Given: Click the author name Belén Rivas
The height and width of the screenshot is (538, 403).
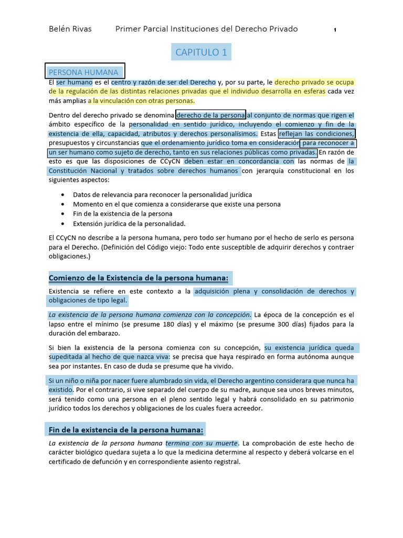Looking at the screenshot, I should (x=70, y=29).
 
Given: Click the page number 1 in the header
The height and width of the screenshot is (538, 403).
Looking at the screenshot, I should (x=335, y=30).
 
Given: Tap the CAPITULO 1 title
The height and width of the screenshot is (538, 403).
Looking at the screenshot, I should (x=201, y=52).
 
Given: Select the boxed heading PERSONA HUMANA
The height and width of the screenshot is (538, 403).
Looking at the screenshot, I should (x=84, y=71).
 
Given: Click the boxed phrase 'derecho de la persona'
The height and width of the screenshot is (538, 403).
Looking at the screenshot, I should (x=211, y=115).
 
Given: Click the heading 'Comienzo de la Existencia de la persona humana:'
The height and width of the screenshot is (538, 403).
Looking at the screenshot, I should (x=140, y=277).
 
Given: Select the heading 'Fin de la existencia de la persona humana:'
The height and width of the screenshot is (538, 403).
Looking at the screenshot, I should (x=126, y=430).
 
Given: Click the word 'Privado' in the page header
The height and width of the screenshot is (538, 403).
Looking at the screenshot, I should (x=283, y=29).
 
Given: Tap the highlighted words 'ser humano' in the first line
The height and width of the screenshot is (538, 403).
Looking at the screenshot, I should (x=75, y=82).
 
